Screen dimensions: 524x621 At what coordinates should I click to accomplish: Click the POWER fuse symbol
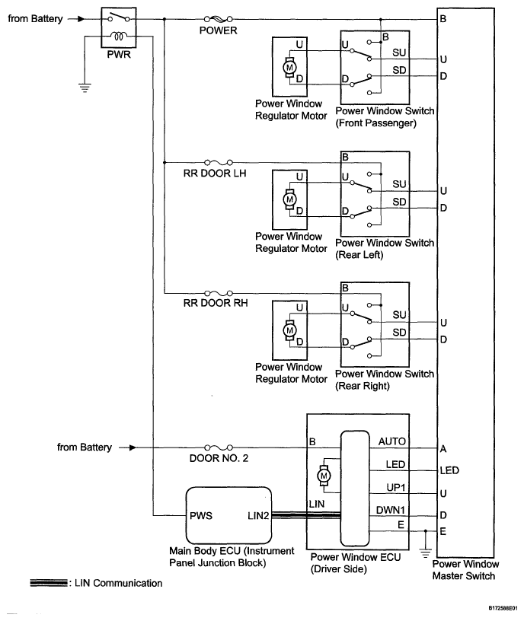(218, 18)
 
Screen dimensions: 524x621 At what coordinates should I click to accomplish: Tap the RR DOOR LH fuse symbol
(218, 162)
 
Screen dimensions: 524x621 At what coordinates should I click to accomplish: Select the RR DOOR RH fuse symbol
(218, 294)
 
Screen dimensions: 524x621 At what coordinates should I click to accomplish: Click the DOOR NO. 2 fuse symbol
(218, 447)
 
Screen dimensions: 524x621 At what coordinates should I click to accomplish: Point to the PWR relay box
(119, 27)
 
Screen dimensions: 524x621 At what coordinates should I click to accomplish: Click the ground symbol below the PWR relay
(85, 88)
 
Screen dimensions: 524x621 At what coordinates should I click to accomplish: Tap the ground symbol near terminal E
(425, 553)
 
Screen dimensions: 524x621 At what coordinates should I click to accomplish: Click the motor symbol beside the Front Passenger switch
(289, 67)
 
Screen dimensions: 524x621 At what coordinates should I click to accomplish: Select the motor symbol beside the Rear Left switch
(289, 199)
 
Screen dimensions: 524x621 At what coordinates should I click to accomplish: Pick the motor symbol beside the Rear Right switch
(289, 330)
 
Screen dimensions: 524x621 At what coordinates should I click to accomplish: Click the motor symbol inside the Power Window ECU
(324, 476)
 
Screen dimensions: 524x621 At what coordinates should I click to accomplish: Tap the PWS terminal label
(201, 516)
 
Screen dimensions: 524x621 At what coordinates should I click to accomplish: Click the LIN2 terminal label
(258, 516)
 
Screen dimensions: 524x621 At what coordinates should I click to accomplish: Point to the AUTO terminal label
(392, 441)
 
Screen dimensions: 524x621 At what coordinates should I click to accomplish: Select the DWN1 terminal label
(391, 510)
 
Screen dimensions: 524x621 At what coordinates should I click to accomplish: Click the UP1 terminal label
(395, 487)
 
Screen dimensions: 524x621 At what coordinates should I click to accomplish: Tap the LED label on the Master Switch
(449, 470)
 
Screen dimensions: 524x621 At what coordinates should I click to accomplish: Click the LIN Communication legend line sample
(48, 583)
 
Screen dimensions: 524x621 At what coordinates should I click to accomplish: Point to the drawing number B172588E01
(503, 608)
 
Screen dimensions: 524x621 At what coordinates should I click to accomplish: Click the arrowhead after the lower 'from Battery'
(133, 447)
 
